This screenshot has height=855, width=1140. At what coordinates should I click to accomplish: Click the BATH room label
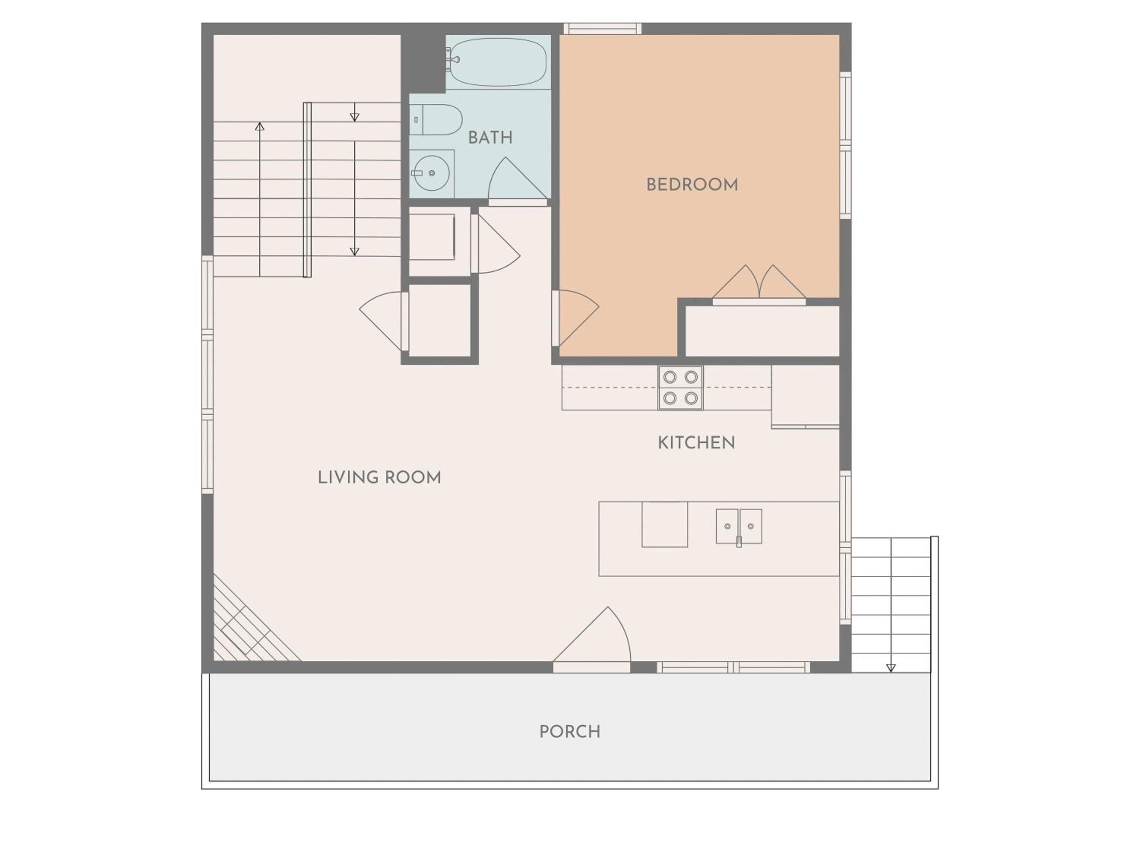click(x=490, y=138)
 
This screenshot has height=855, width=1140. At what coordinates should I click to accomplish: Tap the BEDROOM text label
click(x=692, y=185)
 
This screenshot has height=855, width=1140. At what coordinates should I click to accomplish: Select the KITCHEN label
click(x=696, y=443)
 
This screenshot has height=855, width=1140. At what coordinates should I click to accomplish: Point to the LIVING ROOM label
click(x=379, y=477)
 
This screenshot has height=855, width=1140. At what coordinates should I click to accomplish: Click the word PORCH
click(x=570, y=732)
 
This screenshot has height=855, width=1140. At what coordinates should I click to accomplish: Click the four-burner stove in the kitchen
click(x=680, y=388)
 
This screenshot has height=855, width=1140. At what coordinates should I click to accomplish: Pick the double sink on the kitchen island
click(x=739, y=527)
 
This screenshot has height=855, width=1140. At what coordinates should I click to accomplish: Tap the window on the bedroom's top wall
click(x=602, y=28)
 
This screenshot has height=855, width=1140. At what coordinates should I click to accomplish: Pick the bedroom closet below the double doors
click(x=762, y=331)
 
